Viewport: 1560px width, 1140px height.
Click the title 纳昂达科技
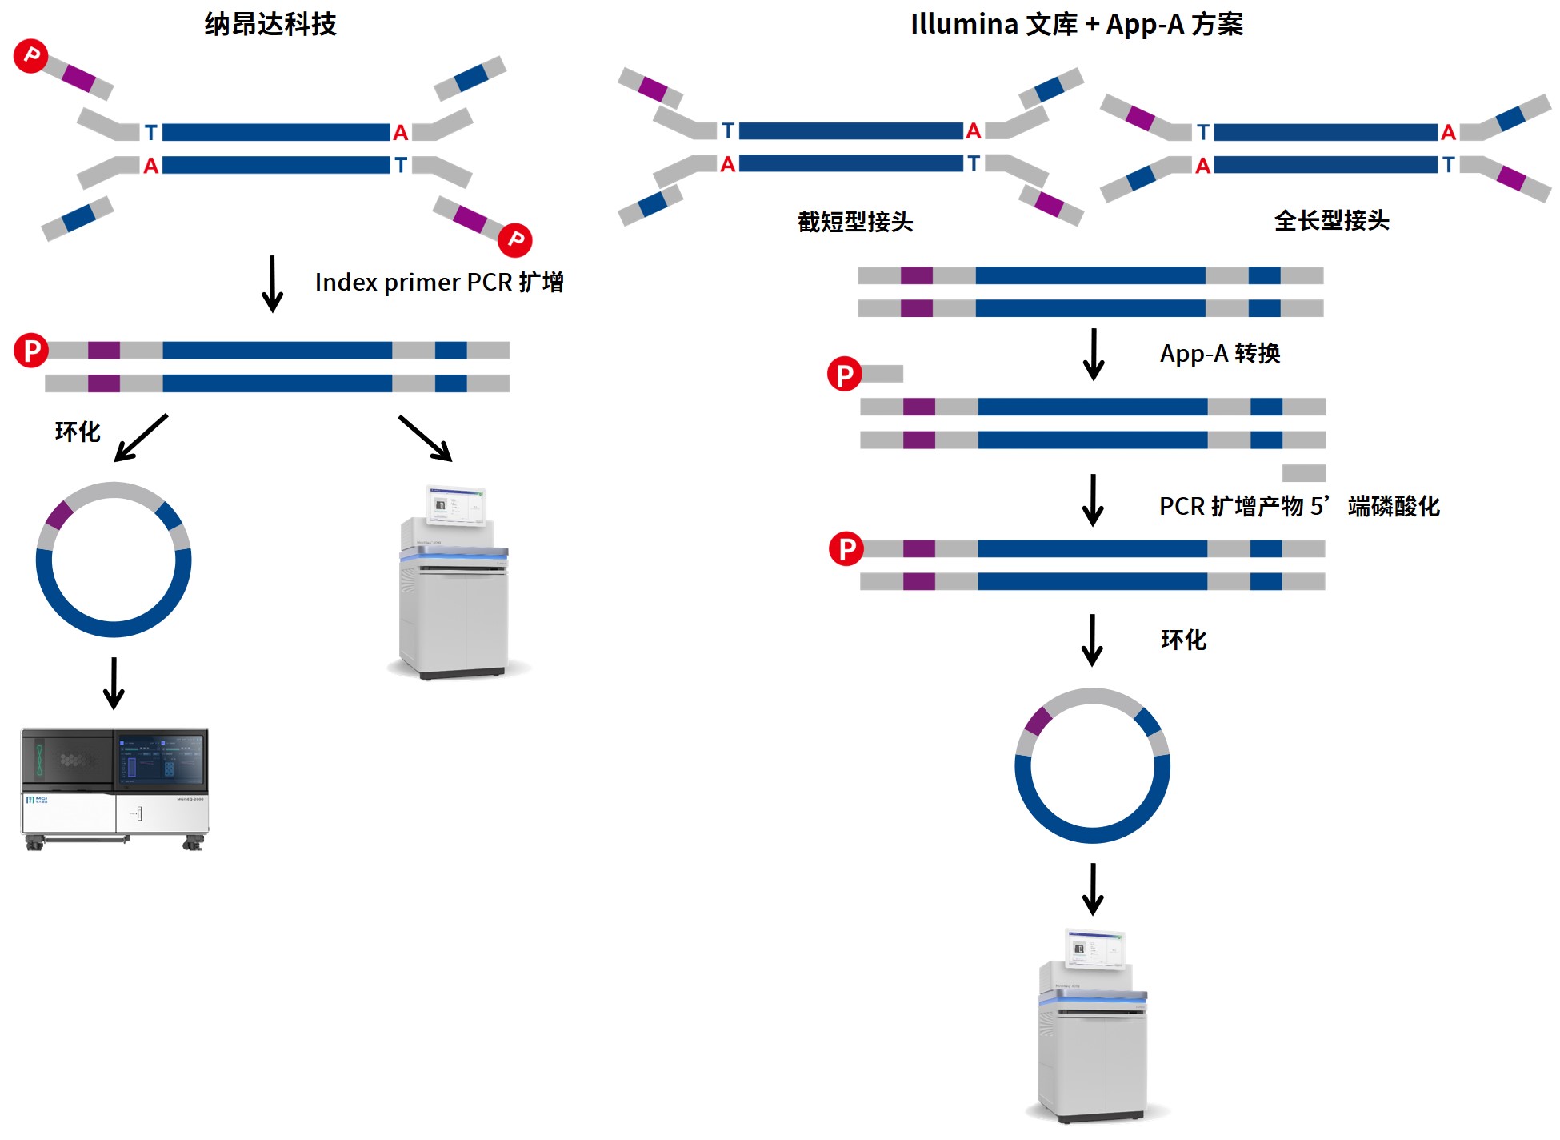pos(270,24)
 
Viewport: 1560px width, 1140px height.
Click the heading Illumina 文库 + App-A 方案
pos(1076,24)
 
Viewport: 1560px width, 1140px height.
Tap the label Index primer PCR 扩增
pos(438,282)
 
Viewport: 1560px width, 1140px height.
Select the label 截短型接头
pos(854,222)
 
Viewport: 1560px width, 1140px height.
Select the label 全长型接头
pos(1330,220)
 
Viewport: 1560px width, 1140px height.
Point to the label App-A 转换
pos(1219,353)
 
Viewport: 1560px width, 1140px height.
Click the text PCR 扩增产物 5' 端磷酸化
pos(1298,506)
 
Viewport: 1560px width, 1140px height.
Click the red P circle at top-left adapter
pos(31,55)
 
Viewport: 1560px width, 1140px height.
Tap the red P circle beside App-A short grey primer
pos(844,374)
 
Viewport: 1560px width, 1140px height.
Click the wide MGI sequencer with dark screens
pos(114,788)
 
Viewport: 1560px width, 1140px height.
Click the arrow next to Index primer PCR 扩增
pos(272,283)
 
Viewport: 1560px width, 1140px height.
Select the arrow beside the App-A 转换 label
pos(1093,354)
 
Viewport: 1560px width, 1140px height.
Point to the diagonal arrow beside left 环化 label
pos(141,437)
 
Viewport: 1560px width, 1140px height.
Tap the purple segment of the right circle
pos(1038,721)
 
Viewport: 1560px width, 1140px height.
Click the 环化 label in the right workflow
pos(1183,640)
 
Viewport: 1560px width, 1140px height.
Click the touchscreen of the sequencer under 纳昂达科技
pos(456,504)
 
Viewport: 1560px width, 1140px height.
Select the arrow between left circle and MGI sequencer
pos(114,683)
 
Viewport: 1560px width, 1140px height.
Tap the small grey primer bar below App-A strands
pos(1303,472)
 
